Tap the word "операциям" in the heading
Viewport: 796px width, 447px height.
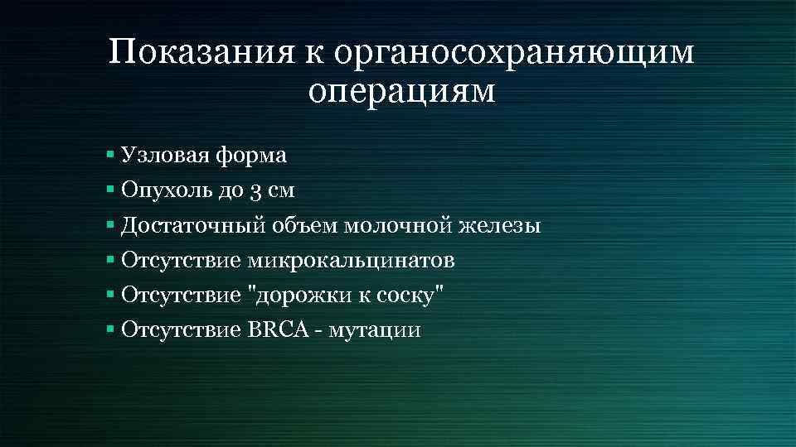(x=401, y=92)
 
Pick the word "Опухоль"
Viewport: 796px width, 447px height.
(x=156, y=190)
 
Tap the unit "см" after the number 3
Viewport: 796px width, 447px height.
(x=282, y=191)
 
